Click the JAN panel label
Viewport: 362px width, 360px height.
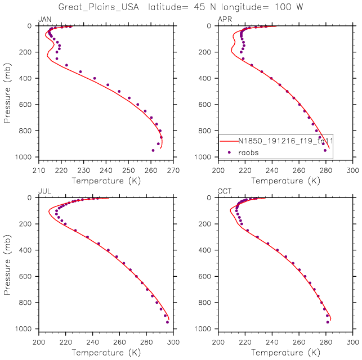43,20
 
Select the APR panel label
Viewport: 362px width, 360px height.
224,20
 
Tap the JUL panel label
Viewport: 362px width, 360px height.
43,192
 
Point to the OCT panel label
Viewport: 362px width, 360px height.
224,192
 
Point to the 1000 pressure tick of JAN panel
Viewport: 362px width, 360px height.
25,157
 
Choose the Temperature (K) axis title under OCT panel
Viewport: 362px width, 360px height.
285,352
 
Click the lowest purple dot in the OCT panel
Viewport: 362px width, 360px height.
328,322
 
